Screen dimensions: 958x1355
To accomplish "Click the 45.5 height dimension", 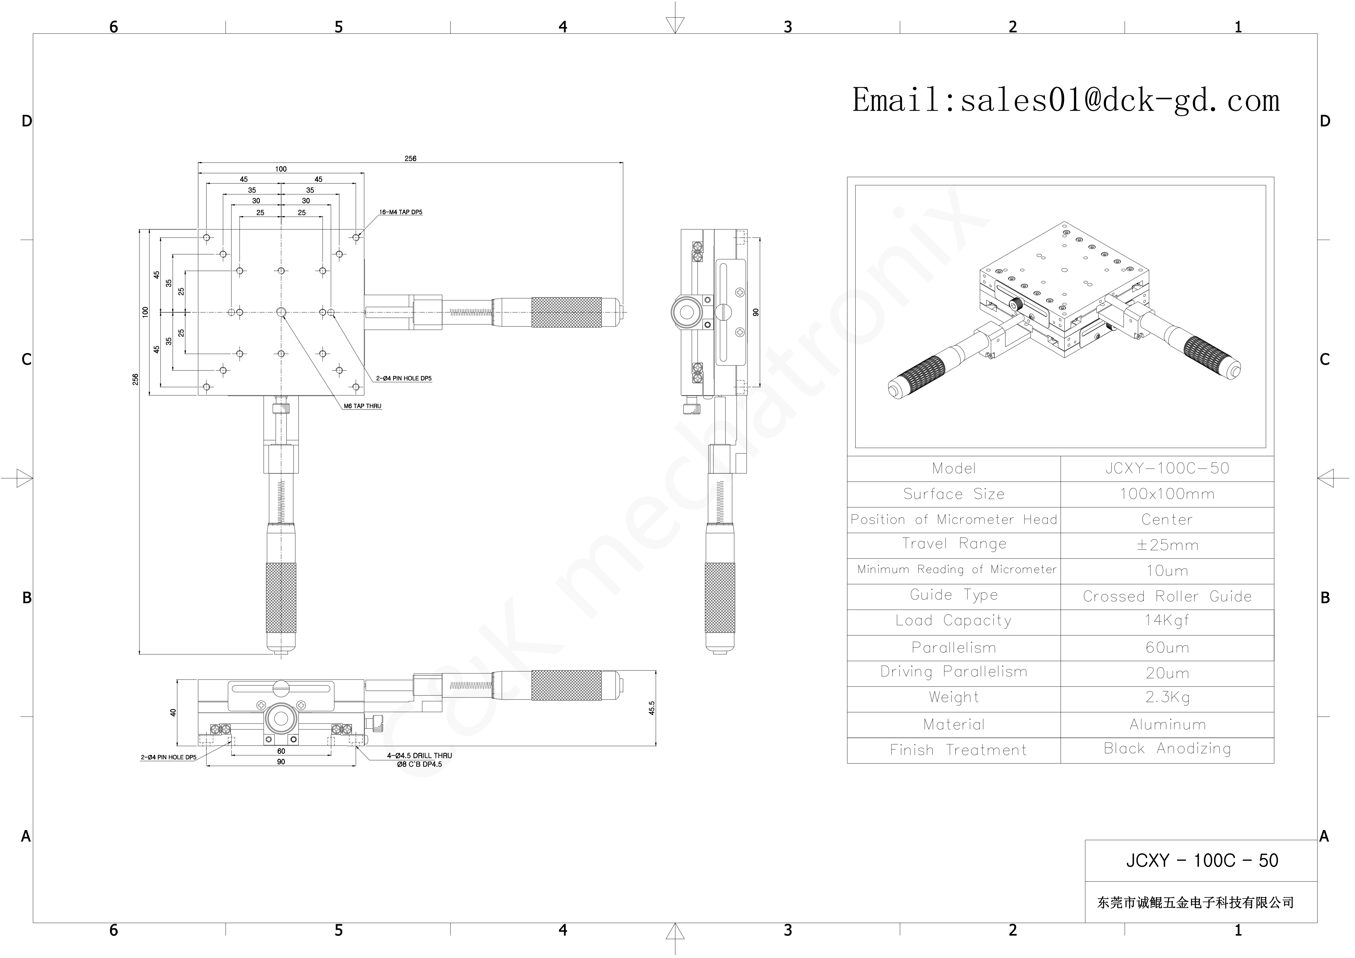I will coord(652,708).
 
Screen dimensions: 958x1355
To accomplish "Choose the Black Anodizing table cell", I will coord(1167,749).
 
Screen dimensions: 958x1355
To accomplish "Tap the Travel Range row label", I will coord(954,544).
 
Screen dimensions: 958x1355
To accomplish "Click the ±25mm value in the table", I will coord(1167,545).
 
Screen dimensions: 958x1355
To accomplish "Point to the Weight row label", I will coord(954,697).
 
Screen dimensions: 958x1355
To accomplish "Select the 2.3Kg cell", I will coord(1167,697).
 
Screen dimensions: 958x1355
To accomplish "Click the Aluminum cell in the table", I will coord(1167,724).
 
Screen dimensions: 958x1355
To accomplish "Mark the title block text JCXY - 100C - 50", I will coord(1202,861).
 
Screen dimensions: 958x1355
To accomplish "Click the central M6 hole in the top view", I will coord(281,312).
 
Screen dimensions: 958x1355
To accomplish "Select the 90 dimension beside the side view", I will coord(756,312).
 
